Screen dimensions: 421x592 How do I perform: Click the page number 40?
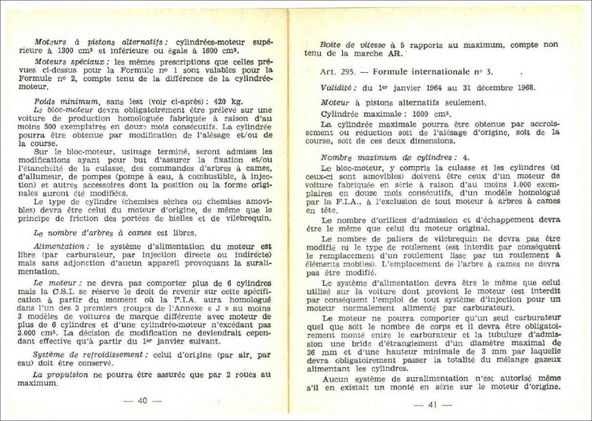coord(142,401)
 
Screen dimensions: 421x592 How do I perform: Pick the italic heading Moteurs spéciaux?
coord(69,61)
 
